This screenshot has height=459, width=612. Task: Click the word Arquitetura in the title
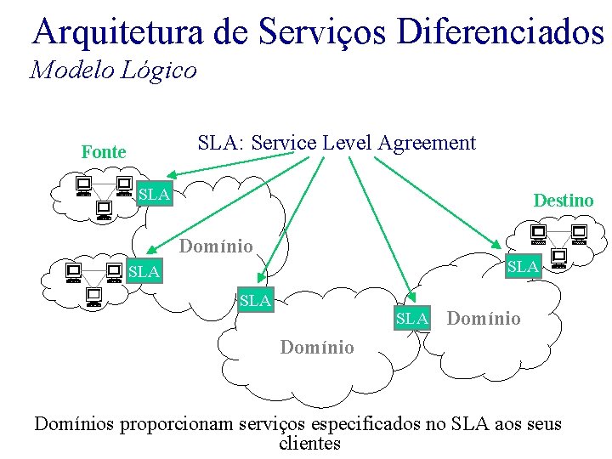click(117, 32)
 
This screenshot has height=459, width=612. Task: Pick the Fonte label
click(104, 152)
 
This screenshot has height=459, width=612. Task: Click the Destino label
click(564, 201)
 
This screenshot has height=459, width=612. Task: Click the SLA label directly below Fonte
click(155, 195)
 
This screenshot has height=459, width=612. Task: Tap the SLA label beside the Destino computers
click(523, 266)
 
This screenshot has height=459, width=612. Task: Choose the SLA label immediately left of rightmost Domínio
click(412, 319)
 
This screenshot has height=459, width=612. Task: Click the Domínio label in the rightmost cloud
click(484, 319)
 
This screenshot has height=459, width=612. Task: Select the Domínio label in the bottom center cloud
click(317, 347)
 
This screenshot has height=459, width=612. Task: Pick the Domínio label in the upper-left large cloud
click(216, 246)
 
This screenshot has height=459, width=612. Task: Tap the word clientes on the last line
click(309, 443)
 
